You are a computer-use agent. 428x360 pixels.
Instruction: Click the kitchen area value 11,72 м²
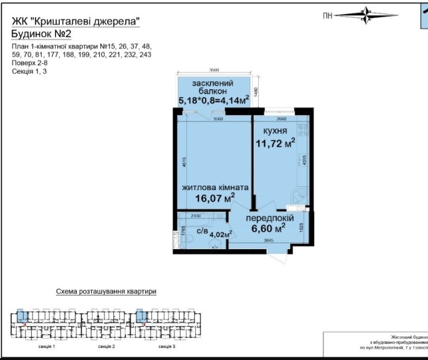point(274,144)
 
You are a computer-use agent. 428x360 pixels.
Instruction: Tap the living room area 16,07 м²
point(215,198)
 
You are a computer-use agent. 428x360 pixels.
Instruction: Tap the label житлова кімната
point(215,187)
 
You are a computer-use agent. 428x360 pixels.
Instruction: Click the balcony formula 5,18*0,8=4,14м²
point(214,101)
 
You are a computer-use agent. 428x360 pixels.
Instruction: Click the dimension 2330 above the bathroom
point(195,215)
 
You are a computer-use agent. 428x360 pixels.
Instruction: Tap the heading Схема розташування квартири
point(106,291)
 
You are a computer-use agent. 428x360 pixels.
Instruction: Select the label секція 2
point(105,348)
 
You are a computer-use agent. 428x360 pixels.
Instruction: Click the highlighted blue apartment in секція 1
point(20,315)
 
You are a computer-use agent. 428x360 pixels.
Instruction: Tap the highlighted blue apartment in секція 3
point(140,315)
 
